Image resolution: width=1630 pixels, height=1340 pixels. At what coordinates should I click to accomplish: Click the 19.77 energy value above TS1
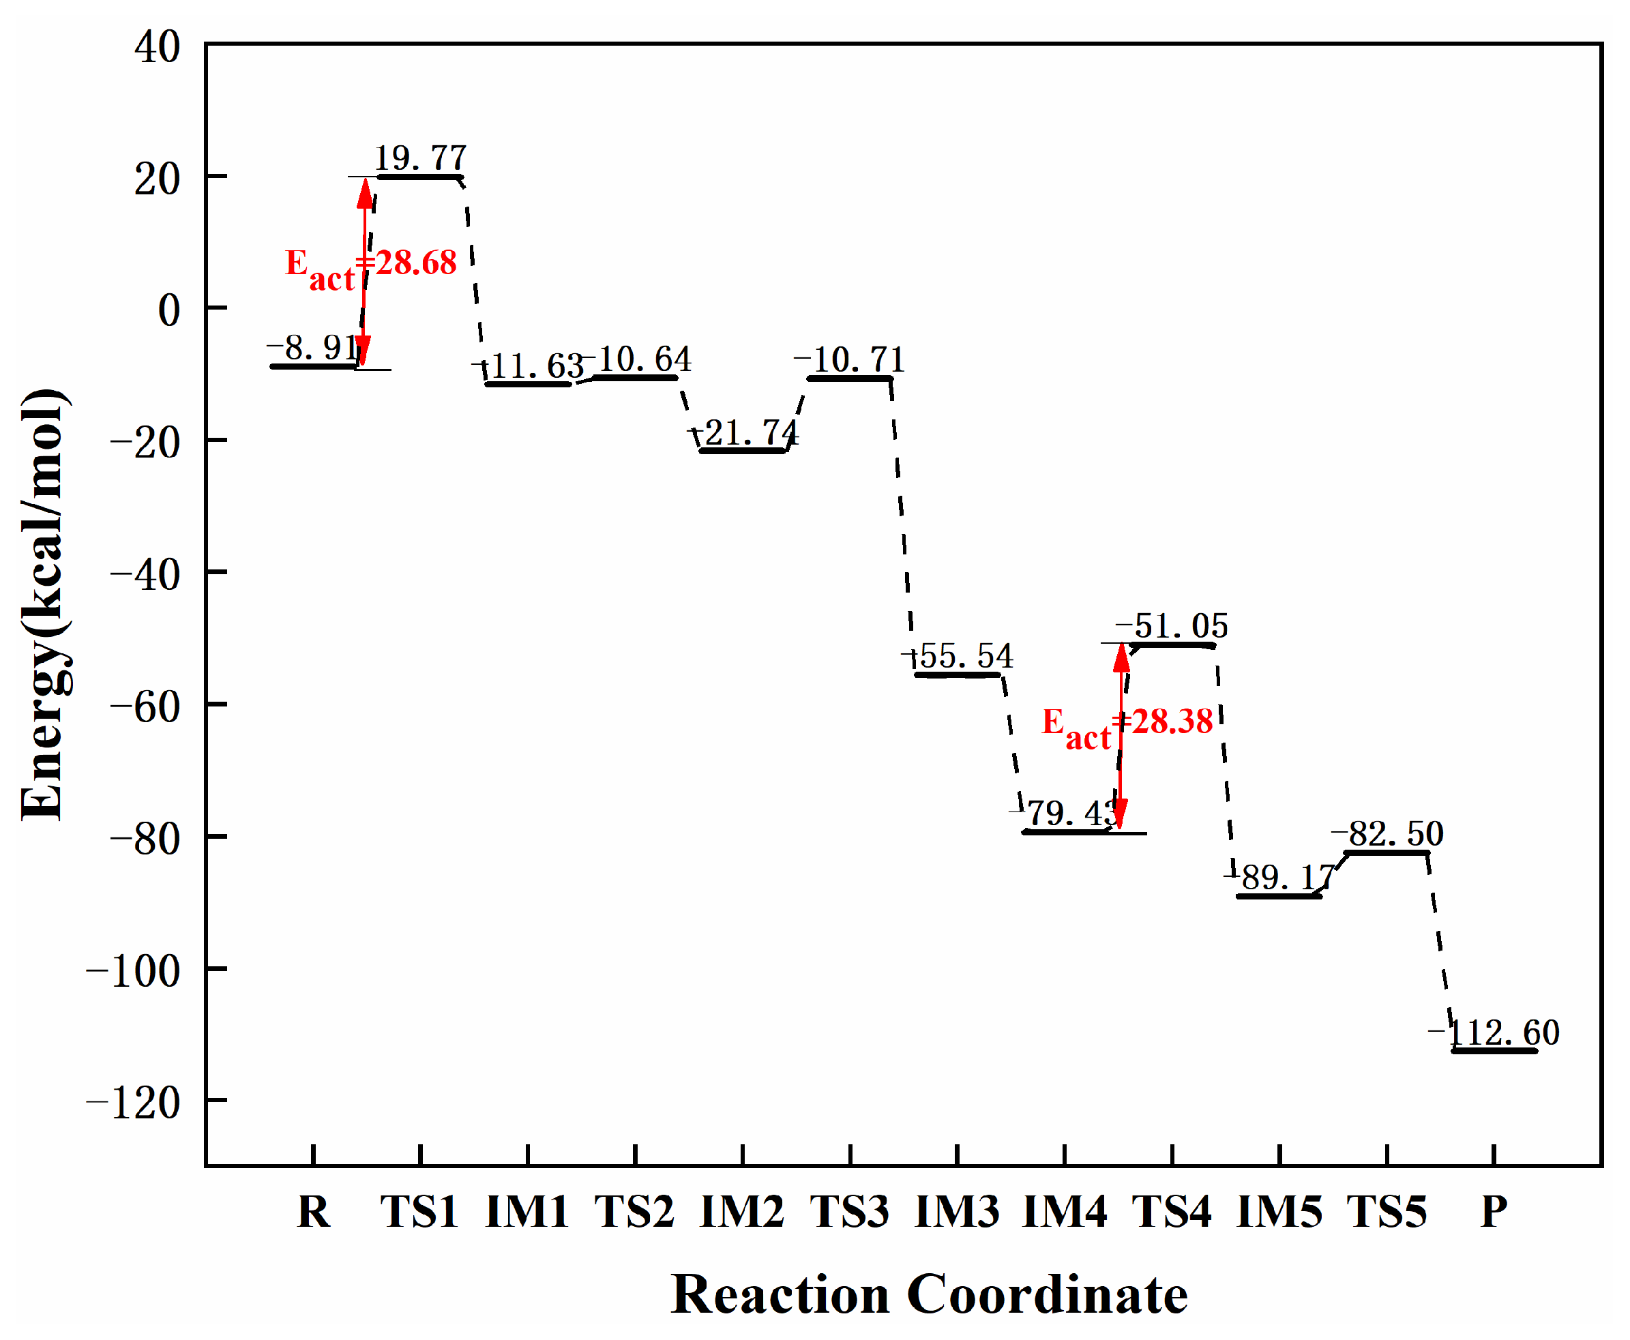(x=421, y=158)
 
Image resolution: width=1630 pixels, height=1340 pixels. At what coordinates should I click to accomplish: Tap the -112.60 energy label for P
(x=1494, y=1032)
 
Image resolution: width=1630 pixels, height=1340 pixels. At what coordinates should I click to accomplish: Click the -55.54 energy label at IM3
(x=958, y=657)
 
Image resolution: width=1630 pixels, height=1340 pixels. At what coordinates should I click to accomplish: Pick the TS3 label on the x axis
(x=850, y=1211)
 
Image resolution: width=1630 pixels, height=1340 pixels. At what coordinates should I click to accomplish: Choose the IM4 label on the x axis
(x=1065, y=1211)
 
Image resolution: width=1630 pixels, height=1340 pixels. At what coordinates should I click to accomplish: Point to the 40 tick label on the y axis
(x=158, y=48)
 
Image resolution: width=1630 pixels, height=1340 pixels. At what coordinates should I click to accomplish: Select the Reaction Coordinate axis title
(x=928, y=1294)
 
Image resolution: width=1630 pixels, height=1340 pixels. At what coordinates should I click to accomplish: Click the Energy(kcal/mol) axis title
(x=44, y=604)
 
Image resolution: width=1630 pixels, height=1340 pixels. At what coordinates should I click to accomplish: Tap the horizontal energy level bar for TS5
(x=1387, y=852)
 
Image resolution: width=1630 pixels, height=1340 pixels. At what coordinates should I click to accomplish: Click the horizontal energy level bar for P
(x=1494, y=1051)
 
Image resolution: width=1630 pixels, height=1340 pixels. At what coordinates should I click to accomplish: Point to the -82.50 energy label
(x=1388, y=833)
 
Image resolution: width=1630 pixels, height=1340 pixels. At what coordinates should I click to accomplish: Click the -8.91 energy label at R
(x=313, y=348)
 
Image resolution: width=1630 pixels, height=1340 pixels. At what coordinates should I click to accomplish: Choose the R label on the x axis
(x=313, y=1211)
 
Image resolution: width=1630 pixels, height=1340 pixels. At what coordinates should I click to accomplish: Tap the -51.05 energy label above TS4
(x=1172, y=626)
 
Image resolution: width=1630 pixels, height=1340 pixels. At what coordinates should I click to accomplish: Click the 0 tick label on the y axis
(x=168, y=311)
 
